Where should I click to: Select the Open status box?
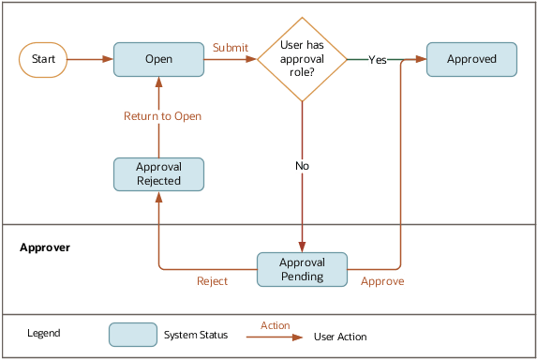tap(158, 59)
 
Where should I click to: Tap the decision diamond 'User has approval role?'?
tap(302, 59)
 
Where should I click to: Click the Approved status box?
tap(471, 59)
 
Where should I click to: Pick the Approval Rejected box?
tap(158, 174)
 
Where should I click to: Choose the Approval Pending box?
tap(302, 269)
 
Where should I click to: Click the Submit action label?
tap(231, 47)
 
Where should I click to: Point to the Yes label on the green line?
tap(378, 59)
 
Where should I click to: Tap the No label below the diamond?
tap(302, 166)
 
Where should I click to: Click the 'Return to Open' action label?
tap(163, 116)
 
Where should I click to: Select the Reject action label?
tap(212, 280)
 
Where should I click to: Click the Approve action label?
tap(382, 280)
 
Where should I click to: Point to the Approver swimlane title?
tap(46, 247)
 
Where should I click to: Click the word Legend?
tap(44, 334)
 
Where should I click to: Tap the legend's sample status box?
tap(133, 335)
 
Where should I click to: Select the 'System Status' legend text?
tap(193, 335)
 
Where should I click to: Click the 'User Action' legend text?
tap(340, 337)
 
